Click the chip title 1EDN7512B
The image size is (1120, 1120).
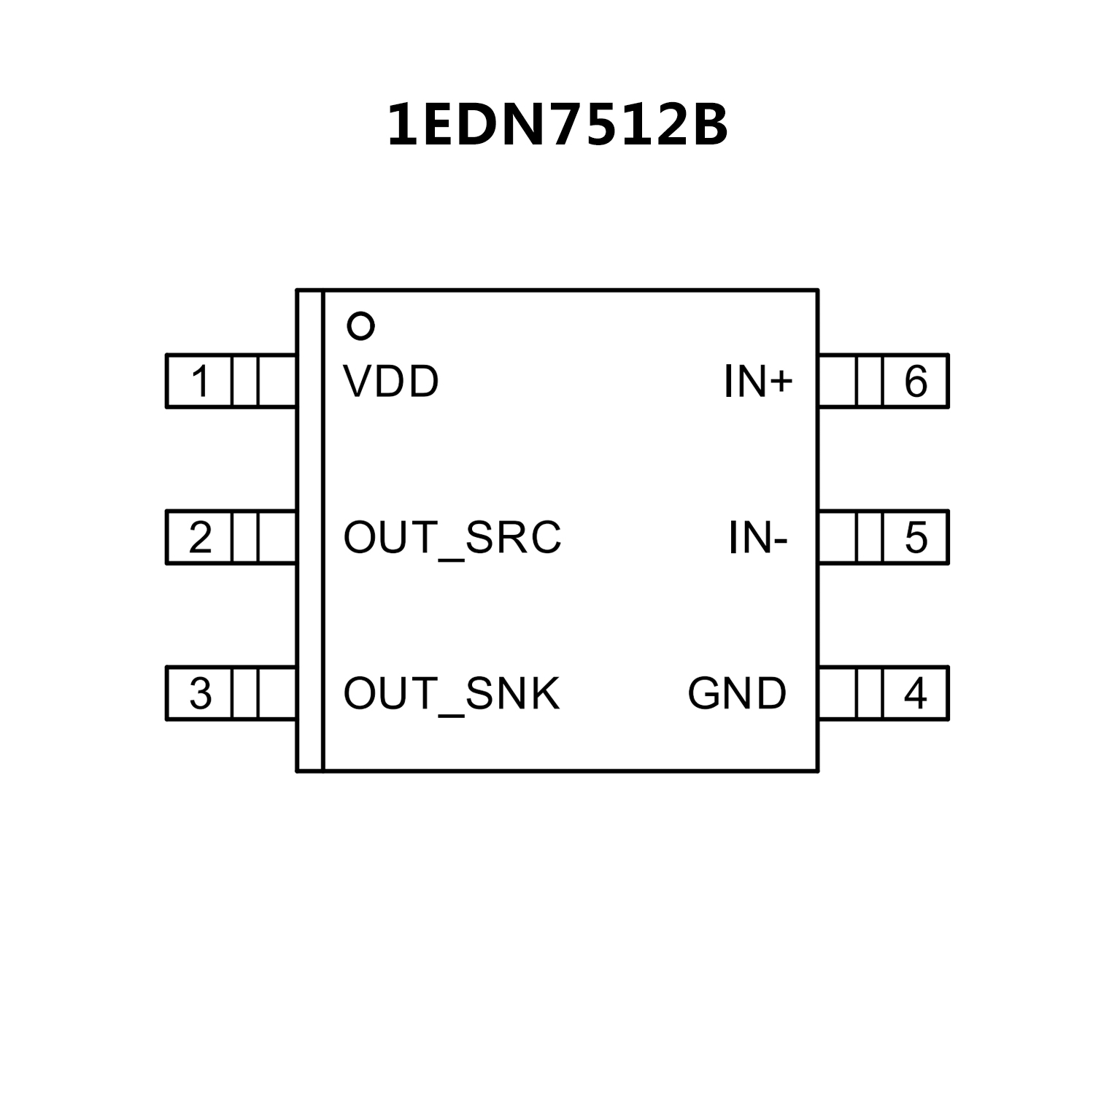(x=557, y=125)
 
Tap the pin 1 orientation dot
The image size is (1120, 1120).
(x=361, y=326)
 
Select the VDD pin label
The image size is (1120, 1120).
(x=391, y=381)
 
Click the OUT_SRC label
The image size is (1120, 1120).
(x=452, y=538)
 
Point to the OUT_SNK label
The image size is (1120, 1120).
(x=452, y=694)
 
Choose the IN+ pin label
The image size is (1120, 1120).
(x=757, y=381)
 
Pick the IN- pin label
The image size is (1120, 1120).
(x=758, y=538)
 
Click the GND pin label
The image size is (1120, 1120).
(x=737, y=694)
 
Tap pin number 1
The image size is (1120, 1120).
(x=200, y=381)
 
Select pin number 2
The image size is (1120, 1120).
(x=200, y=538)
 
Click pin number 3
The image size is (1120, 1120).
(x=200, y=694)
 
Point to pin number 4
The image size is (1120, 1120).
(x=916, y=694)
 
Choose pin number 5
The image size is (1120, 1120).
(x=916, y=538)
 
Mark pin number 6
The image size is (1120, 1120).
(x=916, y=381)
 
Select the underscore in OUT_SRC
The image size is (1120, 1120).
(x=452, y=559)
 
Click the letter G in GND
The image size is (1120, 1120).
(x=703, y=694)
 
